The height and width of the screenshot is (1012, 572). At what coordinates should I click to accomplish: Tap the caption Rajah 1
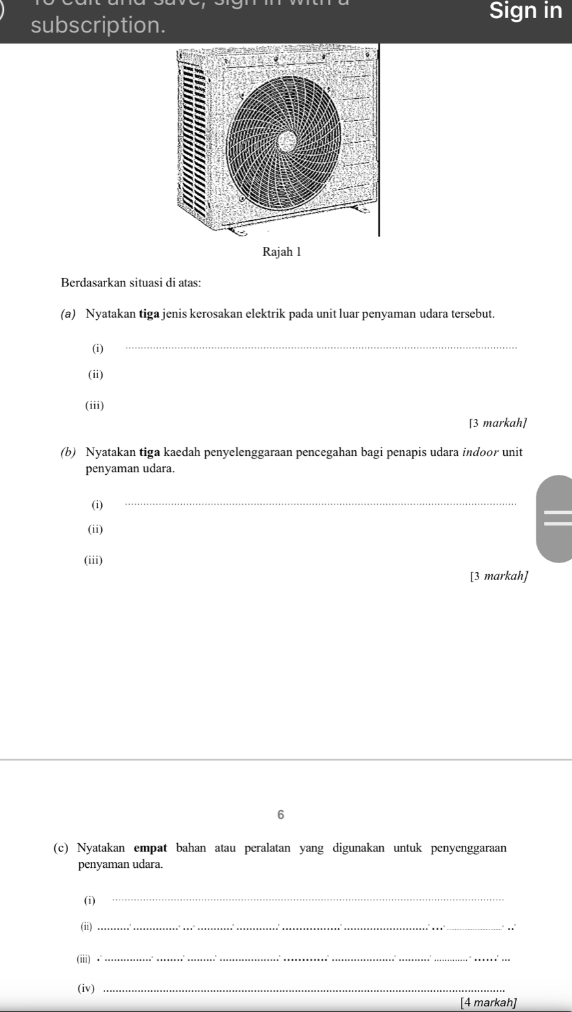pyautogui.click(x=282, y=252)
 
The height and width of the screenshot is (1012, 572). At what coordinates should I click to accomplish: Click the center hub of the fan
pyautogui.click(x=286, y=141)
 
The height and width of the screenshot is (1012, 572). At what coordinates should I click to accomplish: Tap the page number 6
pyautogui.click(x=281, y=816)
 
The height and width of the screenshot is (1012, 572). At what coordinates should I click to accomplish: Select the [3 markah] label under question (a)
pyautogui.click(x=499, y=424)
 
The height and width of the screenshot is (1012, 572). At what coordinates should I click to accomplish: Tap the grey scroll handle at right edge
pyautogui.click(x=555, y=518)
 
